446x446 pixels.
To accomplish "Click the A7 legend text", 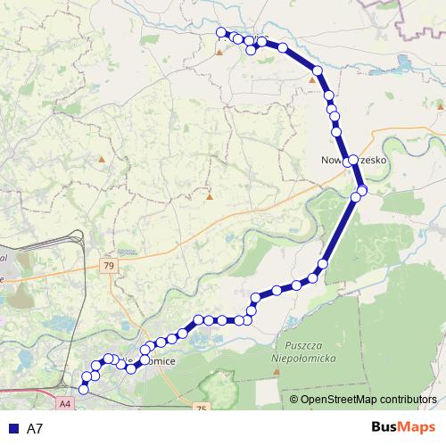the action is (x=35, y=428).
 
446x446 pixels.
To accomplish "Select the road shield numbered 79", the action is (x=108, y=266).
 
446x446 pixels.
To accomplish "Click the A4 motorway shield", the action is (x=65, y=403).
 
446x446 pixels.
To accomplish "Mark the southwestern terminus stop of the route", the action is (x=85, y=389).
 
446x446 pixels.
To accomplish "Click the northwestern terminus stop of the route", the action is (x=221, y=33).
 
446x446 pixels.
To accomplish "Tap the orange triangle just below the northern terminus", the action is (x=219, y=52).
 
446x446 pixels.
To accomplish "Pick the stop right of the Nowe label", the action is (x=353, y=160).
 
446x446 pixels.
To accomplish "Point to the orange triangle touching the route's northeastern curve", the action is (x=312, y=79).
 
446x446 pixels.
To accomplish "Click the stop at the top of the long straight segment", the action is (x=358, y=196).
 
